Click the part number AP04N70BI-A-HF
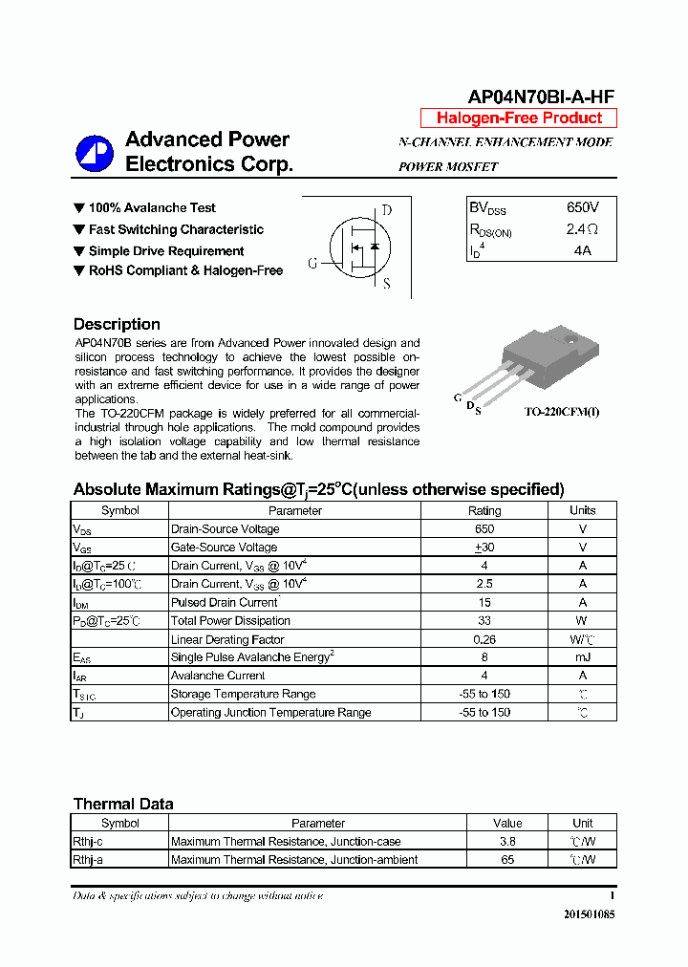click(541, 97)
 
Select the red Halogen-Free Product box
click(519, 118)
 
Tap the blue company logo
click(95, 153)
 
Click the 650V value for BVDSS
click(582, 207)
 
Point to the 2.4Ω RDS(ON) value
click(581, 229)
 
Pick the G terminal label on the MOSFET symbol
click(312, 264)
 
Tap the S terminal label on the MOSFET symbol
click(386, 284)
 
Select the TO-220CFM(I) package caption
click(562, 412)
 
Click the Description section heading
click(117, 324)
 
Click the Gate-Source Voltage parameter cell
click(224, 548)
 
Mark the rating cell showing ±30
click(484, 548)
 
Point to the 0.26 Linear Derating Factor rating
click(484, 639)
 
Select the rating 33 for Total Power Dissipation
click(484, 621)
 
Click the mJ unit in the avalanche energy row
click(582, 657)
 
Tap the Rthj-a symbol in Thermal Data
click(88, 860)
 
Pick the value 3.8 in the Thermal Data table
click(507, 842)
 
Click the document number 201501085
click(589, 914)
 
